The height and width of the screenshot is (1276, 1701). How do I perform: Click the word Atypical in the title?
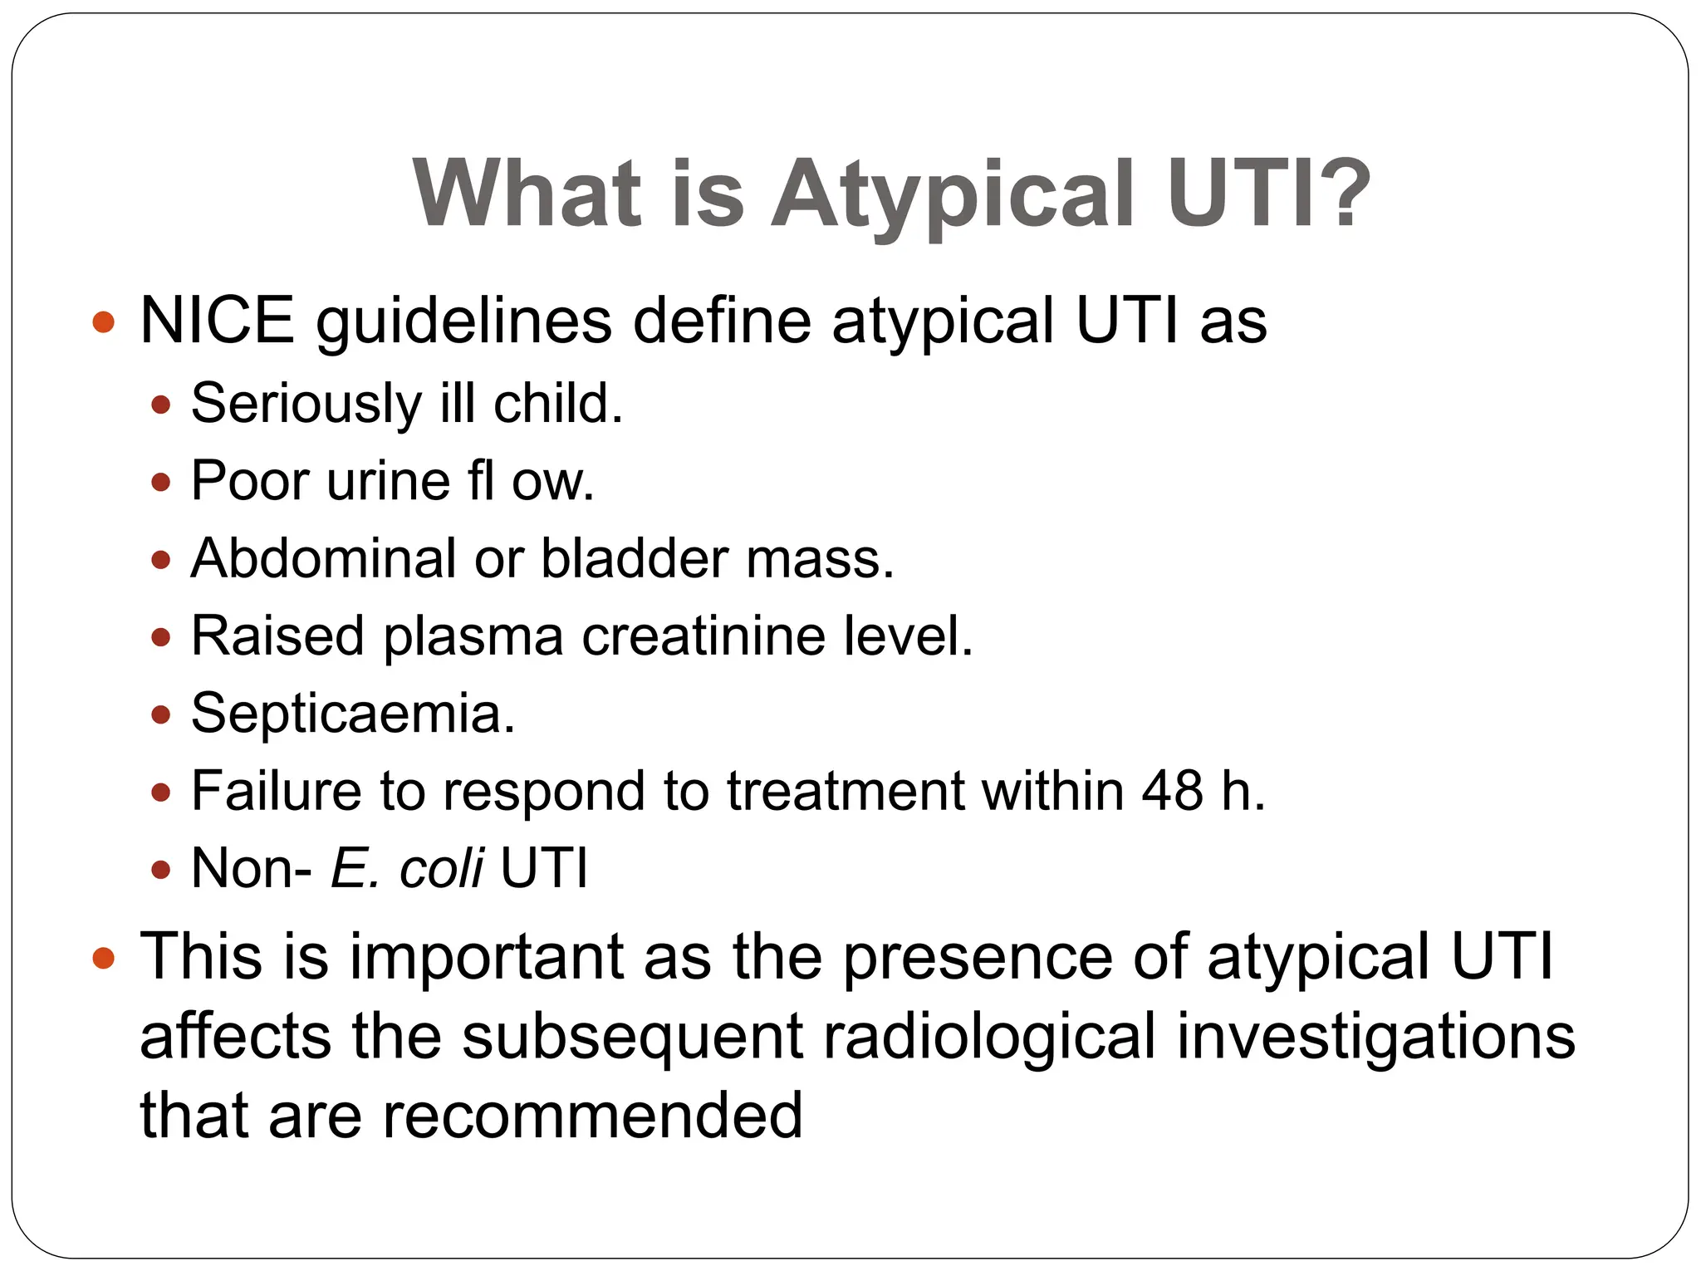952,194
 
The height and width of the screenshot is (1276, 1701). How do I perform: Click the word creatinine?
703,636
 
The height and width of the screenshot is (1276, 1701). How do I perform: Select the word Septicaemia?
353,714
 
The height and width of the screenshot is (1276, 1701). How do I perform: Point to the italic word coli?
441,868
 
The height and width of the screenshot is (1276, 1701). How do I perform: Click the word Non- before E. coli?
251,868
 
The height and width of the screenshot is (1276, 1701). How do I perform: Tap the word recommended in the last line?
591,1115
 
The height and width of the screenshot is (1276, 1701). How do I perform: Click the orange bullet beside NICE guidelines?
103,321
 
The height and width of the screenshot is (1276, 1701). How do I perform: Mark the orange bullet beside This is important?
103,958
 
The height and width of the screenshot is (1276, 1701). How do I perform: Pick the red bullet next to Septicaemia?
161,714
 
